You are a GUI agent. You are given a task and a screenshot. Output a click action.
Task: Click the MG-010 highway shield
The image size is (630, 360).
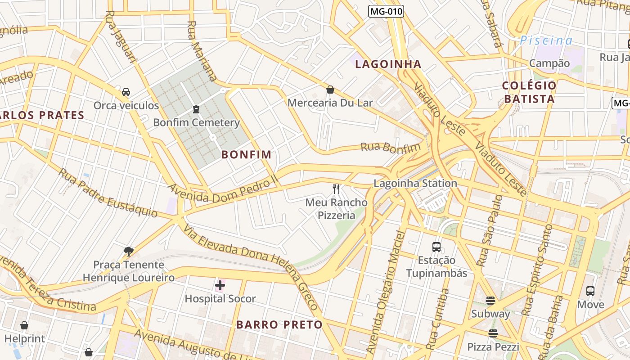(386, 11)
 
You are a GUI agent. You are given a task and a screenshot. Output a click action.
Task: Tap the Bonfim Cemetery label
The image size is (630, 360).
(196, 122)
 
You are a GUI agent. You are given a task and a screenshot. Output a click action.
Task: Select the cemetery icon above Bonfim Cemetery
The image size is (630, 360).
(196, 109)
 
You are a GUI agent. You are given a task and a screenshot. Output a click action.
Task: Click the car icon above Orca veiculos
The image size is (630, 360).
(126, 92)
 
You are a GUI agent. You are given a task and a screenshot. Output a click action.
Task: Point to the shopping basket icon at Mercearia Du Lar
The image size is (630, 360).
(330, 90)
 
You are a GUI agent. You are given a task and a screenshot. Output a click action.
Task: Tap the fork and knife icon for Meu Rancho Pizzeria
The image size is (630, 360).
(336, 189)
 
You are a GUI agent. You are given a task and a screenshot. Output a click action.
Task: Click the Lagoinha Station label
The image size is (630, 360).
(415, 183)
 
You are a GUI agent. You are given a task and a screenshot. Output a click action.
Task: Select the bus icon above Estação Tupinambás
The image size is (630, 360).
(436, 247)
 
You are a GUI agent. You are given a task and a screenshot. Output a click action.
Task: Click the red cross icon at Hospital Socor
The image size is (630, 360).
(220, 285)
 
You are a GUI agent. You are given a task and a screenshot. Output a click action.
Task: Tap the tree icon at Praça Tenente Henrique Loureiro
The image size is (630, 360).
(129, 251)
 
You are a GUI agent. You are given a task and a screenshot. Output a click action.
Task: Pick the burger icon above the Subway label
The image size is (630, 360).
(490, 300)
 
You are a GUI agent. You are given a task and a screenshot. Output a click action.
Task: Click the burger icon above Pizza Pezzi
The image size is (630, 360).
(493, 333)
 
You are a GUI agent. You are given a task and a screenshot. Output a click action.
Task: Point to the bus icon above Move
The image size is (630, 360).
(590, 291)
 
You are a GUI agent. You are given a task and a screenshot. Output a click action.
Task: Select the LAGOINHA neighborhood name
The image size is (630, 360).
(388, 64)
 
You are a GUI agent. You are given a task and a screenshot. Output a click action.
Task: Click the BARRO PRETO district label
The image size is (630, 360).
(279, 324)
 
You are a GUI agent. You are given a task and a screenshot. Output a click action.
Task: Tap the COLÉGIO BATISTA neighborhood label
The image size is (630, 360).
(529, 92)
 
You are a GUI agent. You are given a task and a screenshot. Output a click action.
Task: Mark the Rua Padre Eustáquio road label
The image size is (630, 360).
(108, 193)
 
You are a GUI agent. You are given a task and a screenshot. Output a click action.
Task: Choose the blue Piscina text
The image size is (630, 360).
(546, 40)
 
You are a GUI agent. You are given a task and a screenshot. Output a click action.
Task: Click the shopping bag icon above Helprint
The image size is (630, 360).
(24, 325)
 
